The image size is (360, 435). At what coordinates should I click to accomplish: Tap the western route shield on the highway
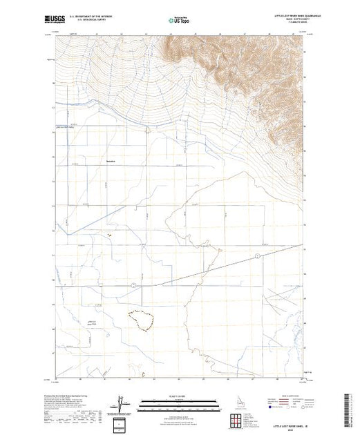click(x=132, y=284)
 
